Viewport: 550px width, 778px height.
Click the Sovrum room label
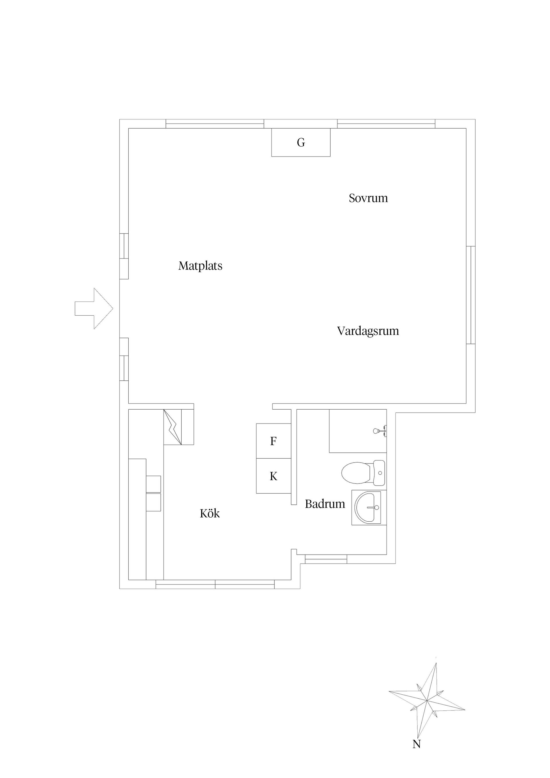point(368,198)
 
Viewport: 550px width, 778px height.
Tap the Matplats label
point(200,266)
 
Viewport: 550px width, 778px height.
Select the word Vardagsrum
point(368,331)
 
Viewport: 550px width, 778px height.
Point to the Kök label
point(209,514)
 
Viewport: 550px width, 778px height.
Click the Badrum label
point(325,504)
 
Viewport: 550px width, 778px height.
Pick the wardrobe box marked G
point(300,143)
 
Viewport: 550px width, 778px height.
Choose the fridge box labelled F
point(273,441)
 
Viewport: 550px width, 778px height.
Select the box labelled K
point(273,476)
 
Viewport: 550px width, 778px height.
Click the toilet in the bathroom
point(363,473)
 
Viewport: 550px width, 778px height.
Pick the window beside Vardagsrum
point(471,295)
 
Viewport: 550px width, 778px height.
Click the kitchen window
point(215,585)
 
